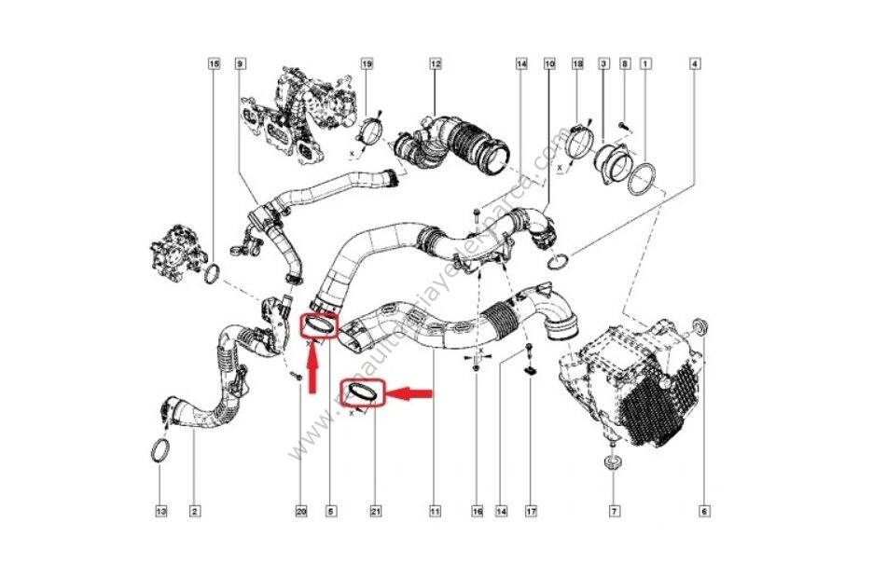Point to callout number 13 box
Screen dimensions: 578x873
[x=160, y=511]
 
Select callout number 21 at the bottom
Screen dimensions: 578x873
[x=376, y=511]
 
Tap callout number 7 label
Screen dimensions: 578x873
[x=614, y=511]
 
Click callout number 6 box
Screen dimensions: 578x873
[x=705, y=511]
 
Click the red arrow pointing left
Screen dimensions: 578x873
[x=410, y=394]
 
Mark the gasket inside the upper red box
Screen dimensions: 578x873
[x=319, y=326]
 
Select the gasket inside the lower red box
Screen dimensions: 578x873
[x=362, y=393]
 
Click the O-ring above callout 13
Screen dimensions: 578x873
[x=160, y=452]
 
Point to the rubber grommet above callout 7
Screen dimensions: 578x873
[x=613, y=462]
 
